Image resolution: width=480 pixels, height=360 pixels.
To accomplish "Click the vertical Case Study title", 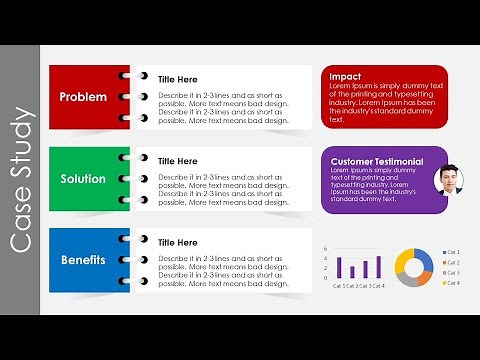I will (22, 180).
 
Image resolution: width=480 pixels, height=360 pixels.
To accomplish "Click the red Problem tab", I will (83, 97).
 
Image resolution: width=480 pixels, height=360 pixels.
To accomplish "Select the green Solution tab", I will (83, 178).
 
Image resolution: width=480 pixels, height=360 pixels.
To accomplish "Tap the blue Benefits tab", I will (83, 260).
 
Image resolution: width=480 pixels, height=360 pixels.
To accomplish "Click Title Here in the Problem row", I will (178, 79).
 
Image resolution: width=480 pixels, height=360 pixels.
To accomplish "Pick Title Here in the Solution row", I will (178, 161).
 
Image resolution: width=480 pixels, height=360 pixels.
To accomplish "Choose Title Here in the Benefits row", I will (178, 243).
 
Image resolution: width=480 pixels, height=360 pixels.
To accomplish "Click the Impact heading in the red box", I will (345, 76).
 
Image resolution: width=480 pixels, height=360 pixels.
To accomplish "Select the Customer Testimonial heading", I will (376, 161).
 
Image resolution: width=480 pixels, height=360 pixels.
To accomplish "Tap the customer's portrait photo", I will (448, 180).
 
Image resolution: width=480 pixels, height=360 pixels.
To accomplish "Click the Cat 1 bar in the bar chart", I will (340, 268).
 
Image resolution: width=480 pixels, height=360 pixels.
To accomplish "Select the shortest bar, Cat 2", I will (352, 272).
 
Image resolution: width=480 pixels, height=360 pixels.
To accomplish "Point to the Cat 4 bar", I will (378, 267).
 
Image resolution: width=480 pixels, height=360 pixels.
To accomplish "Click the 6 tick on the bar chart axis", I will (326, 249).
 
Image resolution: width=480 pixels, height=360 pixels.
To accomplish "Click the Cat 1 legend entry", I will (452, 251).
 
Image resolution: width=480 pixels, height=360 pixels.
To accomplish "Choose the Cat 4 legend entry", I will (452, 283).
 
